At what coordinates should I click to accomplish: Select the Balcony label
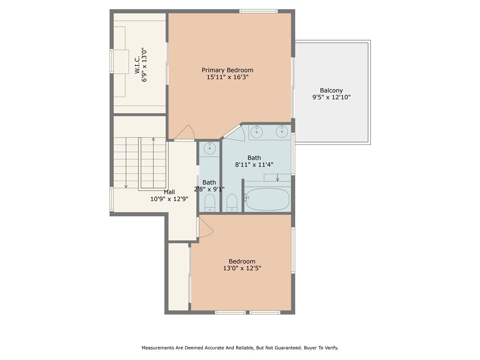pyautogui.click(x=331, y=90)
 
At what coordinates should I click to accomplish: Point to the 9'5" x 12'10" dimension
pyautogui.click(x=331, y=97)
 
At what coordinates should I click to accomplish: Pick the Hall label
pyautogui.click(x=169, y=192)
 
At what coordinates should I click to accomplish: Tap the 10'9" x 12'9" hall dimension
pyautogui.click(x=169, y=199)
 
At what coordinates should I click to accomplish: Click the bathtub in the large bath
pyautogui.click(x=268, y=199)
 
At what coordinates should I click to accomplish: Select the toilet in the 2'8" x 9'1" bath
pyautogui.click(x=210, y=202)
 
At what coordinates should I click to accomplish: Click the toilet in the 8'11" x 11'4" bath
pyautogui.click(x=232, y=202)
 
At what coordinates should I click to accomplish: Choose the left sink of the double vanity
pyautogui.click(x=256, y=132)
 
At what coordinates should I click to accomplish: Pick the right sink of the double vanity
pyautogui.click(x=282, y=132)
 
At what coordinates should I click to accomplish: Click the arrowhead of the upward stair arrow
pyautogui.click(x=153, y=139)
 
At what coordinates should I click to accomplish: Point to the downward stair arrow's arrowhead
pyautogui.click(x=126, y=187)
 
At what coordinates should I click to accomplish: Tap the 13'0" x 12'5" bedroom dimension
pyautogui.click(x=242, y=269)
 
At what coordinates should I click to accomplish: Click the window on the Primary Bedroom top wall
pyautogui.click(x=258, y=11)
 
